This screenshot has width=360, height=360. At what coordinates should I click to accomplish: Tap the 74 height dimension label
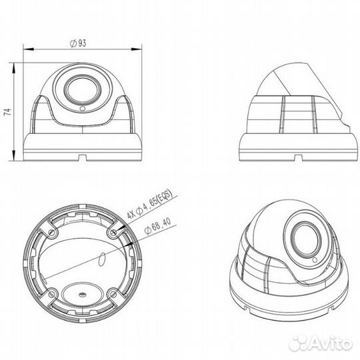click(x=7, y=111)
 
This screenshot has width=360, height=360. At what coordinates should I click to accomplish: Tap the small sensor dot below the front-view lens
click(x=81, y=107)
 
